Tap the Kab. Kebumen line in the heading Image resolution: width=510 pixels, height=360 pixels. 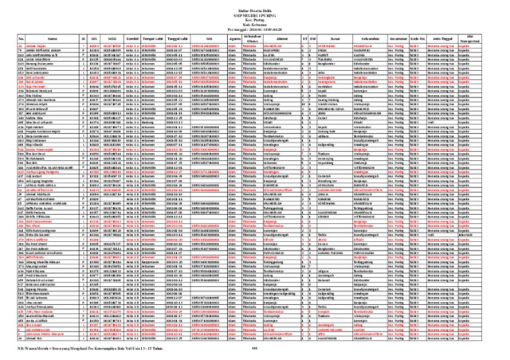(255, 22)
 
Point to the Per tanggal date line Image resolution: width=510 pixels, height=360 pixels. (255, 28)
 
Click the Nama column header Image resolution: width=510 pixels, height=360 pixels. (53, 37)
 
